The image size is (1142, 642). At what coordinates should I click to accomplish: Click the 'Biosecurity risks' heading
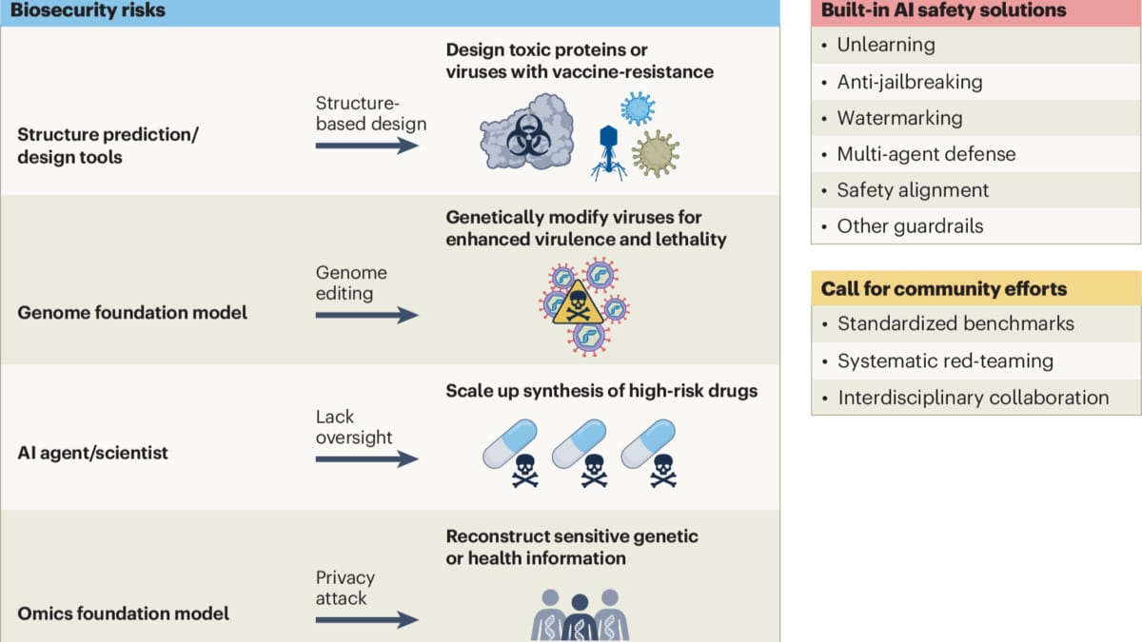click(x=87, y=11)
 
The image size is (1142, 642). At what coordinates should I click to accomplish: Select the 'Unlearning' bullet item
click(x=885, y=45)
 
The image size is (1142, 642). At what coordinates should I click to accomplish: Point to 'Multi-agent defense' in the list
click(x=925, y=154)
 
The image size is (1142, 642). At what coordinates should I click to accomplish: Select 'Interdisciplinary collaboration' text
click(x=973, y=398)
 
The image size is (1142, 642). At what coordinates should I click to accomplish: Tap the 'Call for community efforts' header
click(x=944, y=288)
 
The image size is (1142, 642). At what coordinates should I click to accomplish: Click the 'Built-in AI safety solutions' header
click(x=942, y=11)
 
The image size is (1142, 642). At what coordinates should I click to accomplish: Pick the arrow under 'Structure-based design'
click(x=366, y=146)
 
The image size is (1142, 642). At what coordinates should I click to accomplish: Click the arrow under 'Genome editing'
click(x=366, y=314)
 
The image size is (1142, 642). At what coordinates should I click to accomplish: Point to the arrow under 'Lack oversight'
click(x=366, y=458)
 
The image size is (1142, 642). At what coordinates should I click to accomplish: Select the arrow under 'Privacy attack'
click(x=366, y=620)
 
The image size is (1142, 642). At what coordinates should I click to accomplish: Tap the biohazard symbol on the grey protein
click(x=524, y=140)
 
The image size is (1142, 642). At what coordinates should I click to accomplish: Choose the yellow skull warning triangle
click(x=576, y=305)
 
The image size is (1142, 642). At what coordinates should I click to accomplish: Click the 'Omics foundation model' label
click(x=124, y=613)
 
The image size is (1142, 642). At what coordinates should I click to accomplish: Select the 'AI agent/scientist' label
click(x=92, y=453)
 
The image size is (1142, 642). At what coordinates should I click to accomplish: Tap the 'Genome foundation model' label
click(x=132, y=312)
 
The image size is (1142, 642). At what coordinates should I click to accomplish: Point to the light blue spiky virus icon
click(x=637, y=108)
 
